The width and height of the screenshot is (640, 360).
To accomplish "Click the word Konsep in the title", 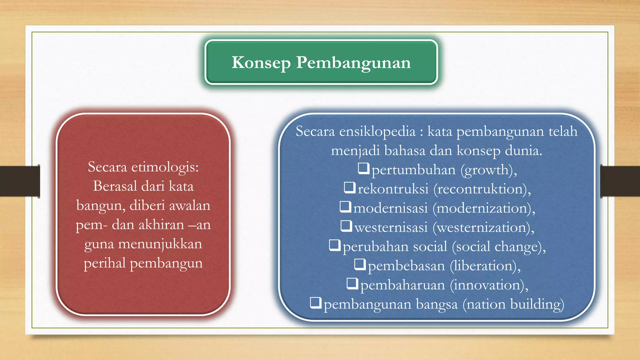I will tap(261, 62).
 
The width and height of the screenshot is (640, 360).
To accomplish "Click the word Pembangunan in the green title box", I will tap(353, 62).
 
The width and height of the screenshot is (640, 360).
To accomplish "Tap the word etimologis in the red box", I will tap(165, 167).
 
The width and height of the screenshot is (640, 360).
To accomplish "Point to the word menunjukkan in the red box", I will tap(160, 244).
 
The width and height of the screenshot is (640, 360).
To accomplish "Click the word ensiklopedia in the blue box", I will tap(377, 131).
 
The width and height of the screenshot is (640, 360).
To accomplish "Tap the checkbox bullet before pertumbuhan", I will tap(364, 168).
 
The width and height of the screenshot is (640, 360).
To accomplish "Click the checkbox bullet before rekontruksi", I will tap(350, 187).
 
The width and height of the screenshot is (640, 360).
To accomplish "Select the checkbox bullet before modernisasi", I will tap(345, 207).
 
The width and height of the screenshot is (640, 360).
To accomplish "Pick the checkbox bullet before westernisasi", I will tap(346, 226).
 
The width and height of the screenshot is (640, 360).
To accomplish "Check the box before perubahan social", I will tap(335, 245).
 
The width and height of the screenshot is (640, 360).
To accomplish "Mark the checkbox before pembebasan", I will tap(360, 264).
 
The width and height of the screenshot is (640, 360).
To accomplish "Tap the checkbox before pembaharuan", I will tap(352, 283).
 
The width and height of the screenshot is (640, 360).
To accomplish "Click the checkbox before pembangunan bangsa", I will tap(316, 302).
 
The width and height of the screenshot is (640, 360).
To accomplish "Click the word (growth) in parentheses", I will tap(488, 170).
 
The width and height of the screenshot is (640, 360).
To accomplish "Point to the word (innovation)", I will tap(489, 285).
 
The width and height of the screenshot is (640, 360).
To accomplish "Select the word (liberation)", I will tap(485, 266).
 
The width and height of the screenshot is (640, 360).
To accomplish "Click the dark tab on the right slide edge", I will tap(620, 181).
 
